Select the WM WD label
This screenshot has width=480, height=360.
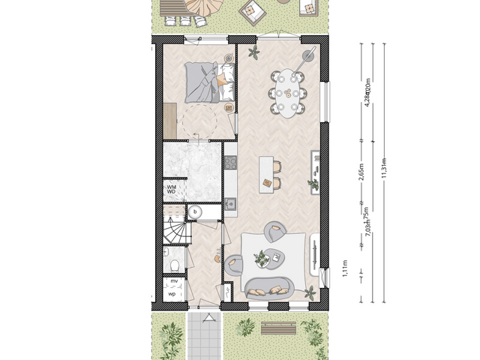pyautogui.click(x=172, y=189)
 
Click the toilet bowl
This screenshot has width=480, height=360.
pyautogui.click(x=173, y=263)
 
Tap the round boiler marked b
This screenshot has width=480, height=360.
pyautogui.click(x=195, y=212)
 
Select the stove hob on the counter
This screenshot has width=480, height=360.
pyautogui.click(x=230, y=161)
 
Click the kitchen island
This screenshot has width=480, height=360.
pyautogui.click(x=265, y=171)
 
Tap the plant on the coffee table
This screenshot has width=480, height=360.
pyautogui.click(x=262, y=259)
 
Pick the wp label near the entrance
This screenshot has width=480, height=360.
pyautogui.click(x=172, y=294)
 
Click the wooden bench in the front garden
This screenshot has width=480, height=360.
pyautogui.click(x=278, y=328)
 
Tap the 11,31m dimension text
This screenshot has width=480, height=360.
pyautogui.click(x=384, y=166)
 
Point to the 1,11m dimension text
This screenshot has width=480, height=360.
pyautogui.click(x=345, y=268)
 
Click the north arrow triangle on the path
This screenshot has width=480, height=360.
pyautogui.click(x=200, y=307)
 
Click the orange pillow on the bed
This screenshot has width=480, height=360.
pyautogui.click(x=222, y=79)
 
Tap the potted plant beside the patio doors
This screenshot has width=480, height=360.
pyautogui.click(x=253, y=52)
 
